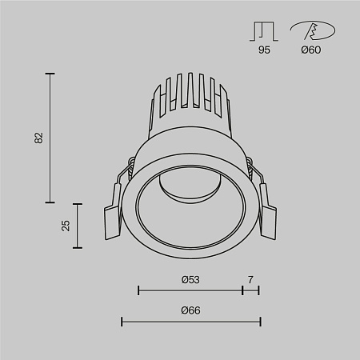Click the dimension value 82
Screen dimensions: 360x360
click(x=38, y=138)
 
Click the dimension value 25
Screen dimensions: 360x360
click(x=66, y=225)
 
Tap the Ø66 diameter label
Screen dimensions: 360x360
click(x=190, y=310)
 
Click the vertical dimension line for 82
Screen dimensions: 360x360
click(x=51, y=138)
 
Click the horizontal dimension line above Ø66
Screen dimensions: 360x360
click(x=190, y=322)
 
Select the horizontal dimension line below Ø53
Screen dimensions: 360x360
click(x=190, y=290)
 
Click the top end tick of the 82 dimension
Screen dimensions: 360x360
click(x=51, y=74)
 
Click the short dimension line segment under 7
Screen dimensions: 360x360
click(x=250, y=290)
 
